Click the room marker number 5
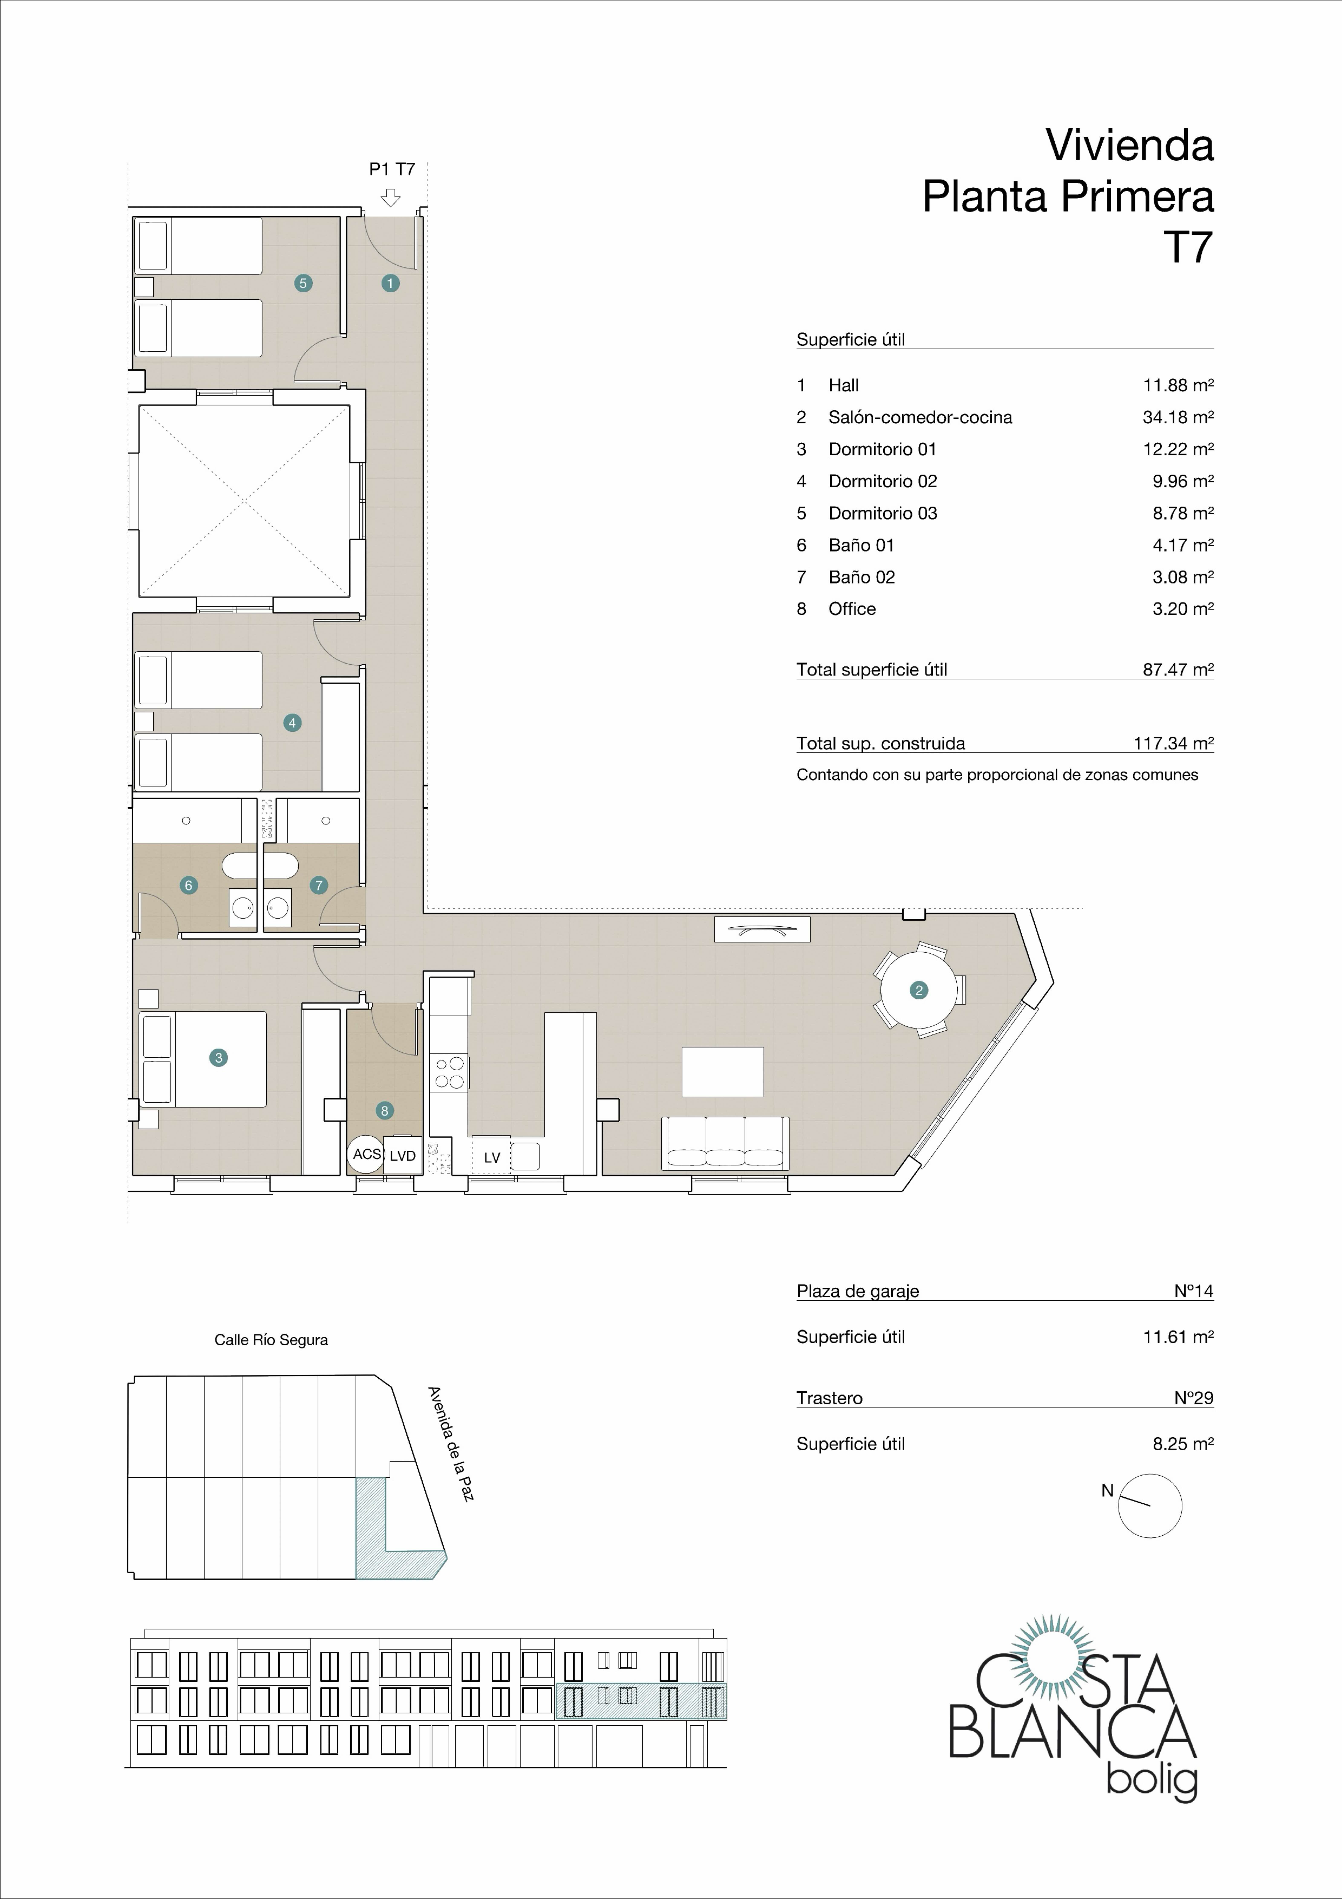coord(303,283)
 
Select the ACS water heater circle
coord(366,1154)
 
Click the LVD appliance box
coord(403,1155)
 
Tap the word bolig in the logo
coord(1152,1778)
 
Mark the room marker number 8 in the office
coord(385,1111)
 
